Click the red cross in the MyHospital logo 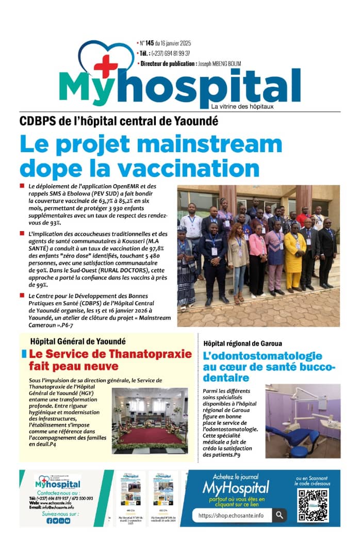105,66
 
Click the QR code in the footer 313,505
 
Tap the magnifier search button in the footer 279,515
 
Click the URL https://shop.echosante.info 231,515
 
